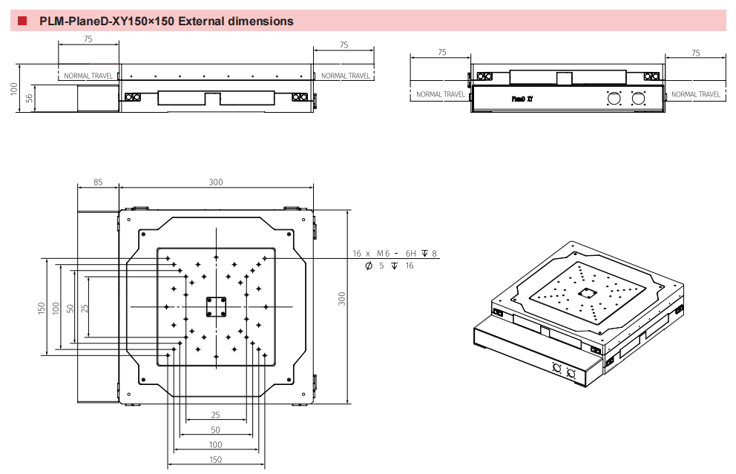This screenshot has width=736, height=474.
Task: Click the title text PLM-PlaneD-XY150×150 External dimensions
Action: [x=166, y=22]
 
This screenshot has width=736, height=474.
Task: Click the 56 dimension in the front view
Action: [x=30, y=99]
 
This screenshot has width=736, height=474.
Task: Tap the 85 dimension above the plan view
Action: [x=98, y=182]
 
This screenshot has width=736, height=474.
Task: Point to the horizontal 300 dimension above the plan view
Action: [x=215, y=182]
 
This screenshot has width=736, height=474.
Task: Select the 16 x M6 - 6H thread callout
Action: [x=395, y=254]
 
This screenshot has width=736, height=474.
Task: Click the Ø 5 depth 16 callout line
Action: [x=390, y=266]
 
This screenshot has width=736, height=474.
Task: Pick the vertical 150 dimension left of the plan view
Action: [x=43, y=306]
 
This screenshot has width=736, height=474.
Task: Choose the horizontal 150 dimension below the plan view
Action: [x=215, y=460]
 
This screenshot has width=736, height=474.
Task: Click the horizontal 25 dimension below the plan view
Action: [x=215, y=415]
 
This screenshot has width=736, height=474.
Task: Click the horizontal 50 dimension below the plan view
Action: [x=215, y=430]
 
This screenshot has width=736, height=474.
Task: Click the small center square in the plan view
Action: [x=216, y=306]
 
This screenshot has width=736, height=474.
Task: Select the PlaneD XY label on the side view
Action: [x=522, y=98]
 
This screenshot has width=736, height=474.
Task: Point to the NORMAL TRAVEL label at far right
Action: [x=695, y=94]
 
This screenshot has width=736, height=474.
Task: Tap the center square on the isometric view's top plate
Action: [x=587, y=294]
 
